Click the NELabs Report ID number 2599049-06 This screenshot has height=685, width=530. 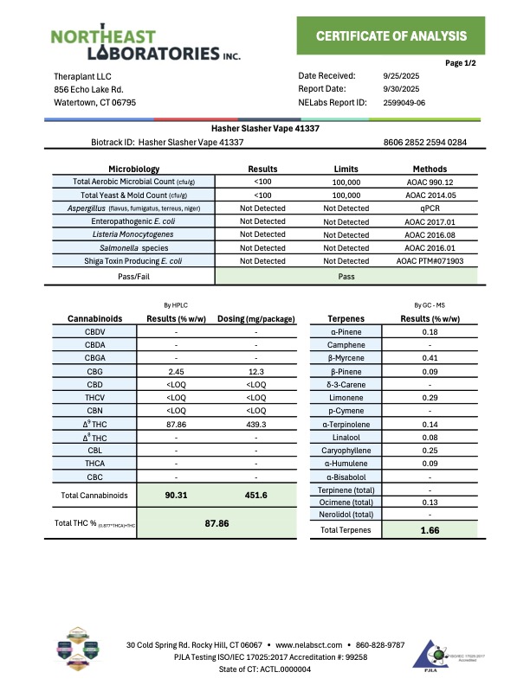click(404, 103)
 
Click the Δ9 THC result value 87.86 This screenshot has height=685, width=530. click(176, 424)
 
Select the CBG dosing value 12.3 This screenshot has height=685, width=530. click(256, 370)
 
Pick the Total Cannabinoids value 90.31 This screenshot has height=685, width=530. click(176, 496)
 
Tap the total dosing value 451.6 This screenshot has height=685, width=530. click(256, 496)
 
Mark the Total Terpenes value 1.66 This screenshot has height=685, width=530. click(430, 529)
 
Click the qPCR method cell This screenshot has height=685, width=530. click(430, 208)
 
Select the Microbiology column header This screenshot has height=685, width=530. click(133, 169)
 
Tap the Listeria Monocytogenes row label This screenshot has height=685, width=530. click(133, 234)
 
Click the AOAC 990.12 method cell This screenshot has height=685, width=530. click(430, 182)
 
